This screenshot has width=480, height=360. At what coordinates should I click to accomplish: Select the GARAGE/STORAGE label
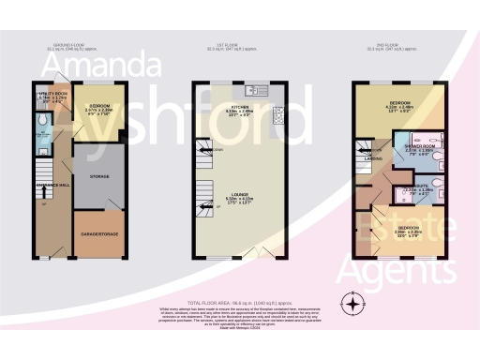[x=98, y=233]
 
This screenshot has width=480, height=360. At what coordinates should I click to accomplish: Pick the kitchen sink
[x=253, y=91]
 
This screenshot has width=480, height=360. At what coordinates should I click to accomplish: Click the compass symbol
[x=352, y=303]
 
